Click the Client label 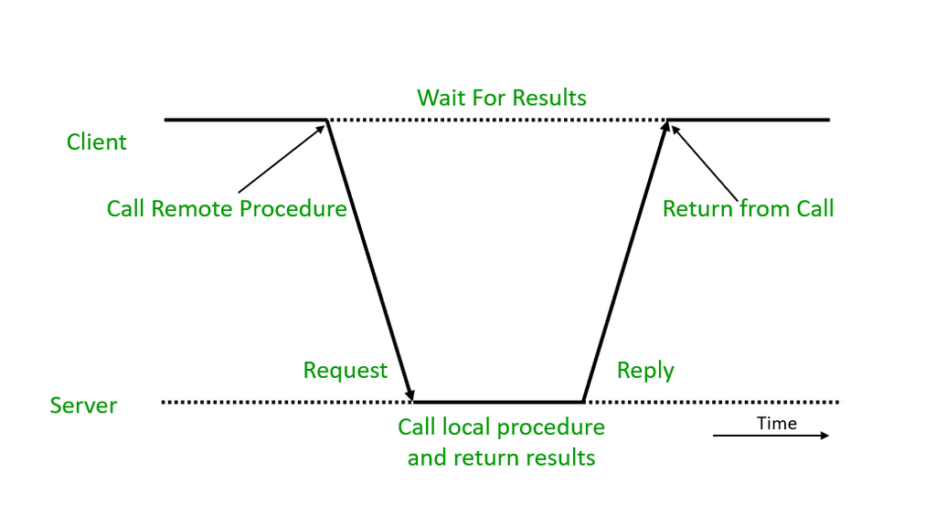(x=97, y=142)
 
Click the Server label (x=83, y=405)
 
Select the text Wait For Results (x=502, y=98)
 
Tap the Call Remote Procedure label (x=227, y=209)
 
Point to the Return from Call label (x=748, y=209)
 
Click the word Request (x=345, y=371)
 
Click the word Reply (x=645, y=371)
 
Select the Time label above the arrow (x=777, y=423)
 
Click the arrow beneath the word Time (x=771, y=436)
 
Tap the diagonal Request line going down (x=370, y=260)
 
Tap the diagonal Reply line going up (x=625, y=260)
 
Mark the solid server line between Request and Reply (x=498, y=402)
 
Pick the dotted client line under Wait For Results (x=498, y=120)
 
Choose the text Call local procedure (x=501, y=427)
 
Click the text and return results (x=501, y=457)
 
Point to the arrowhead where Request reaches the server (x=412, y=395)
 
